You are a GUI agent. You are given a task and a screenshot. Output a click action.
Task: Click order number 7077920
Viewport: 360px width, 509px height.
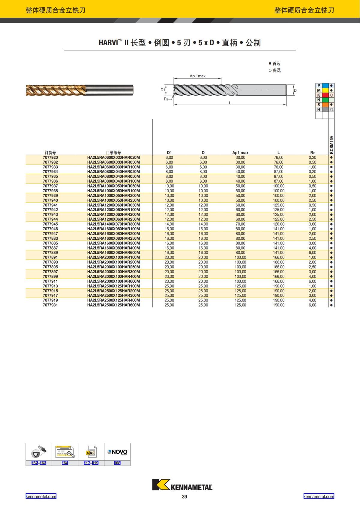50,157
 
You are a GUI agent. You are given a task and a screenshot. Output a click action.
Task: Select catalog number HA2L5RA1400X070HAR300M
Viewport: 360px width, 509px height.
113,224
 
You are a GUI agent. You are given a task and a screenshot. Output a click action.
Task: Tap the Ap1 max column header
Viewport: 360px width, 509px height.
240,153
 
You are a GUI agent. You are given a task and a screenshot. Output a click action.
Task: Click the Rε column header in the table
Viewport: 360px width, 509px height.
312,153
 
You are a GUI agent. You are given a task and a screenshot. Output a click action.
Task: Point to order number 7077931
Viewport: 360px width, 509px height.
50,305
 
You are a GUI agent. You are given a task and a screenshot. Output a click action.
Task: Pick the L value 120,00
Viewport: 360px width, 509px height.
278,224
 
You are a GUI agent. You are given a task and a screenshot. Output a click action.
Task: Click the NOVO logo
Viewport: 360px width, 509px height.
117,452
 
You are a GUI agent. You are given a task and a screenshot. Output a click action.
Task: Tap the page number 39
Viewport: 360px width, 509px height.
184,497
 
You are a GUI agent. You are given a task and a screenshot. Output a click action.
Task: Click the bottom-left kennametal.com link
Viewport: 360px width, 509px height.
41,496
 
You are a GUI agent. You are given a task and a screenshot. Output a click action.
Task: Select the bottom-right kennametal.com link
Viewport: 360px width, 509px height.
319,496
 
